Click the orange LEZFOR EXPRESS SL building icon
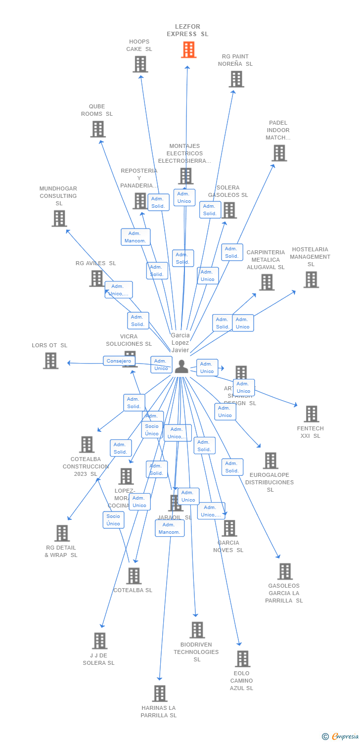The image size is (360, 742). point(188,49)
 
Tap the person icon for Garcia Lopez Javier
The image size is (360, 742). point(181,367)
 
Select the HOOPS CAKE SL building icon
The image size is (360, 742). point(140,64)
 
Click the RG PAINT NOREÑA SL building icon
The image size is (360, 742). point(236,79)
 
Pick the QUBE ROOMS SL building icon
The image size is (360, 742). point(98,129)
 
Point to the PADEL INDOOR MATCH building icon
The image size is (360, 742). point(279,153)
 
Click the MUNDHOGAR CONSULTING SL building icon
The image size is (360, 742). point(59,218)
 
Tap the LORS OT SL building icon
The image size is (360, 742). point(50,361)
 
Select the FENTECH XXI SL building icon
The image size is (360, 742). point(311,414)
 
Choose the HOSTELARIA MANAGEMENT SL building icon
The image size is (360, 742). point(311,279)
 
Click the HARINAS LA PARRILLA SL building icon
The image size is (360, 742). point(159,694)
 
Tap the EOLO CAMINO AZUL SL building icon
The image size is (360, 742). point(242,659)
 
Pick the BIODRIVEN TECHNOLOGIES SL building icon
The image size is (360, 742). point(197,630)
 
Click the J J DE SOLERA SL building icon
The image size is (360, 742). point(99,641)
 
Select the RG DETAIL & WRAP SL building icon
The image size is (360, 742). point(62,533)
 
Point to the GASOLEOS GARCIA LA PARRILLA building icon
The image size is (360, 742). point(285,571)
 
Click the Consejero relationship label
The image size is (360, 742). point(119,361)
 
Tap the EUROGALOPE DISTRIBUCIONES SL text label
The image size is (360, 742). point(270,482)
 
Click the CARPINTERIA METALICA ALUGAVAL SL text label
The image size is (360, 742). point(266,260)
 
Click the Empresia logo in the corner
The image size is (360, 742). point(341,737)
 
